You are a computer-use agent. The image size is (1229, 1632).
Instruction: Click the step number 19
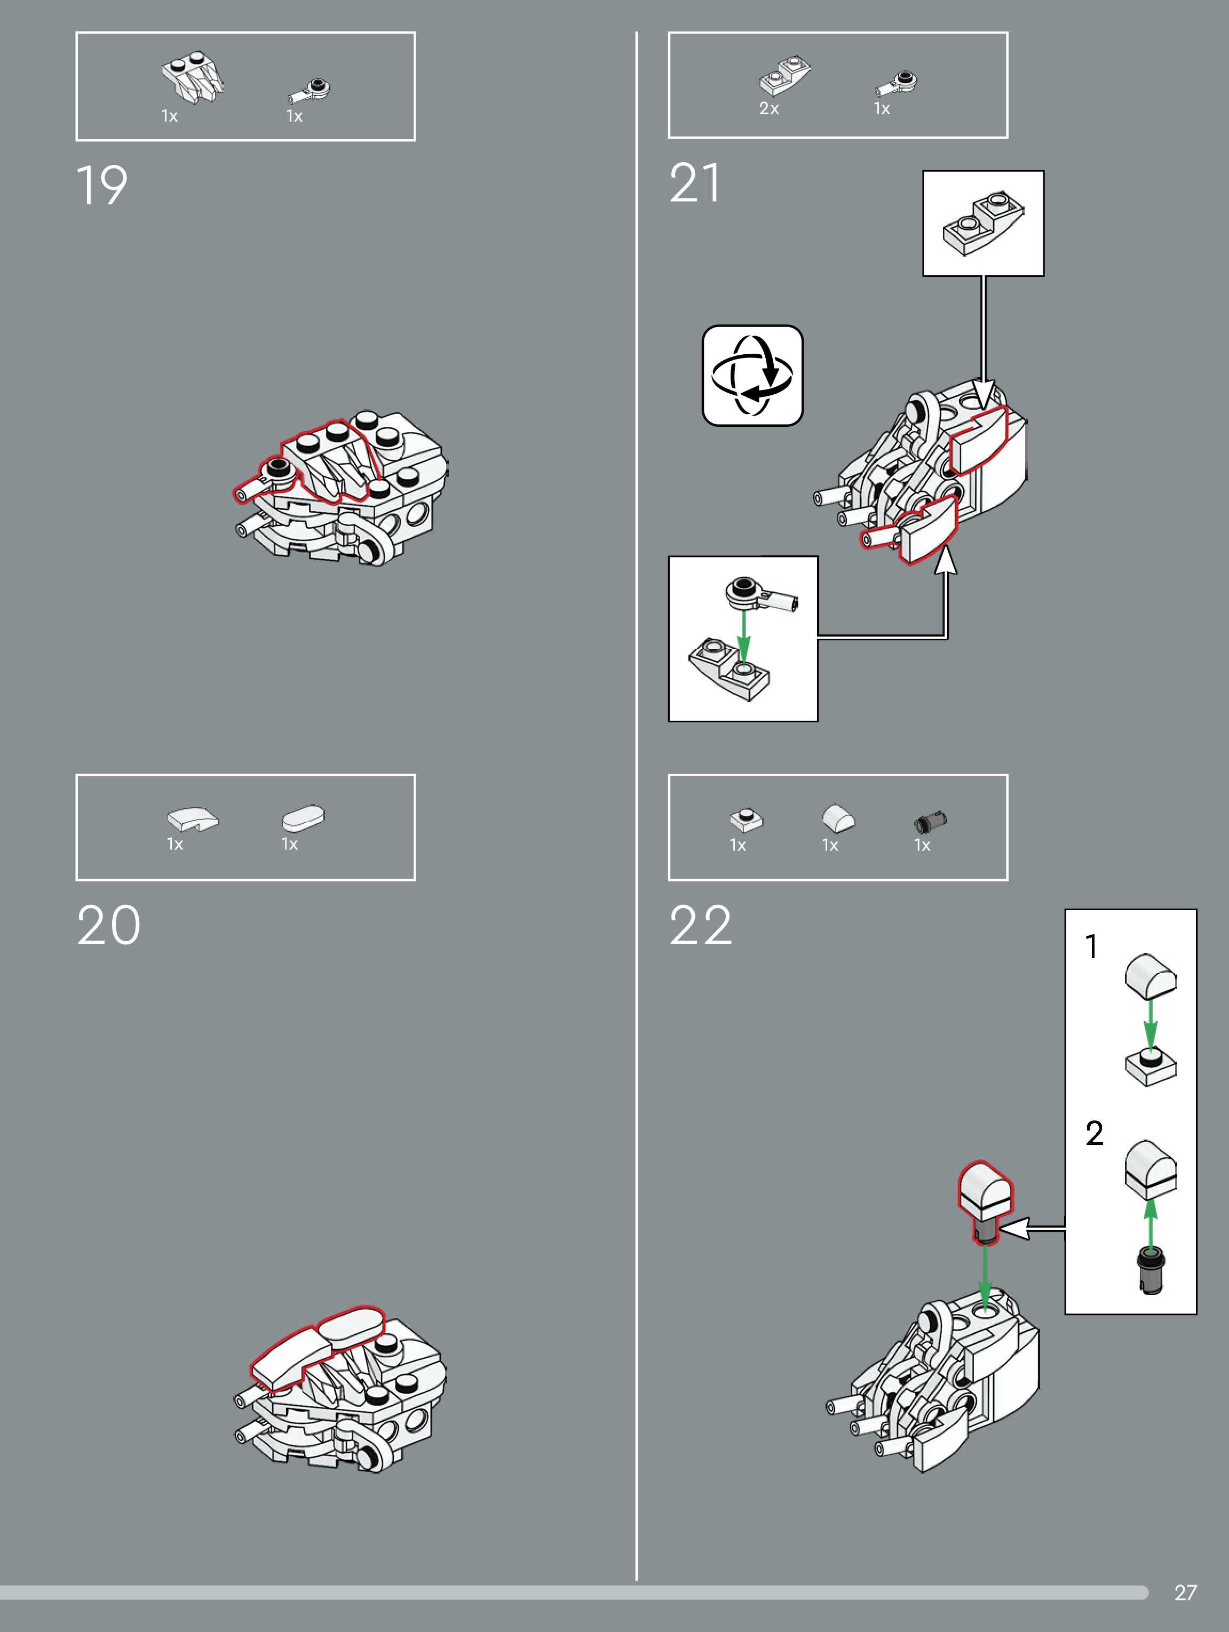(x=102, y=185)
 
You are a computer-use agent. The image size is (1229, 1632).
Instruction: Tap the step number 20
(x=108, y=926)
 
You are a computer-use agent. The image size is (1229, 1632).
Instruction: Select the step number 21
(x=695, y=183)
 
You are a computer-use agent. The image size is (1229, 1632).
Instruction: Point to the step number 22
(x=701, y=926)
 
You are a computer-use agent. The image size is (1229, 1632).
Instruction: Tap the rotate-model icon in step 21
(x=752, y=376)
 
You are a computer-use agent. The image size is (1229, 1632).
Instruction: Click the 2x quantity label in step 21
(x=769, y=108)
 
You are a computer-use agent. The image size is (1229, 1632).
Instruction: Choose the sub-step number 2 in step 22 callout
(x=1094, y=1133)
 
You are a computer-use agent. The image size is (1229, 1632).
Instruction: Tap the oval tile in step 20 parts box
(x=303, y=818)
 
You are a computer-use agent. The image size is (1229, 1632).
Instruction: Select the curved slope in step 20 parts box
(x=193, y=819)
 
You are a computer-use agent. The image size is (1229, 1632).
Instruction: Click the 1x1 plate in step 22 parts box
(x=746, y=819)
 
